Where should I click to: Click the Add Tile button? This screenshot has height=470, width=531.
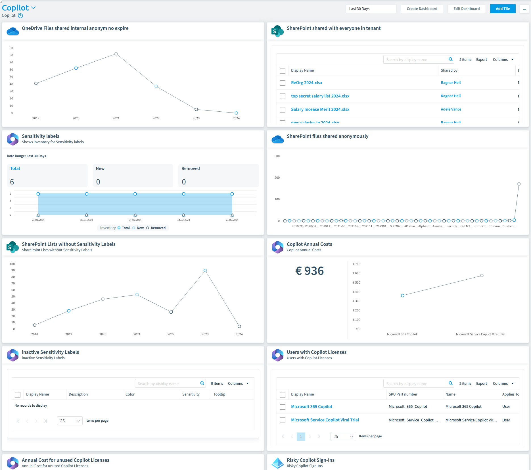tap(503, 9)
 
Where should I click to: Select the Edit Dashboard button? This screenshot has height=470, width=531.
tap(466, 9)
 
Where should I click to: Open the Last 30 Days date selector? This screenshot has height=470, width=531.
tap(371, 9)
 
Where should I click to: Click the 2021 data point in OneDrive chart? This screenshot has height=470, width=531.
tap(116, 54)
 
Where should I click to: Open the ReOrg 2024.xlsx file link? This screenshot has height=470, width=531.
tap(306, 83)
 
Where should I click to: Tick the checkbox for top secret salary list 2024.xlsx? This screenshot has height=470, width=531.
tap(283, 96)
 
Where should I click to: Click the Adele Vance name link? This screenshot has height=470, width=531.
tap(451, 109)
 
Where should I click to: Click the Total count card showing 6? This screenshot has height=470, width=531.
tap(47, 176)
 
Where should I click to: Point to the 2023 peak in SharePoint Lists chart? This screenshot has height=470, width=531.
tap(205, 271)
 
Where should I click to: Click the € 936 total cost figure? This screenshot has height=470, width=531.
tap(309, 271)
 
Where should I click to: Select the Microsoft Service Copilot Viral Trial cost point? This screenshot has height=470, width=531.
tap(482, 276)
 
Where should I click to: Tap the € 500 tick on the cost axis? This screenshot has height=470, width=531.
tap(356, 282)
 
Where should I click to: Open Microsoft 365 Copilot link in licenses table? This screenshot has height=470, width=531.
tap(312, 407)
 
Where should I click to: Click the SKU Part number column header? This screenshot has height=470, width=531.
tap(403, 394)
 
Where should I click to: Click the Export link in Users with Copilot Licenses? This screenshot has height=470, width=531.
tap(481, 384)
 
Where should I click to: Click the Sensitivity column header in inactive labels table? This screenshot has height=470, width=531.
tap(191, 394)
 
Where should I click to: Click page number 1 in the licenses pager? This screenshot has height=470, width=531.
tap(301, 436)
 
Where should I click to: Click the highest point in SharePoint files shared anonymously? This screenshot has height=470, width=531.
tap(519, 184)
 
